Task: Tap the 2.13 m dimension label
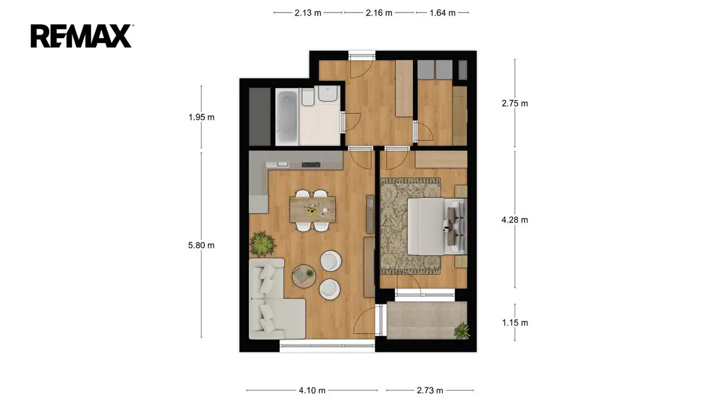pos(308,13)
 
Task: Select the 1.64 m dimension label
pos(442,13)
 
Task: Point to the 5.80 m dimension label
pos(201,245)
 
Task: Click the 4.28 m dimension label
pos(514,220)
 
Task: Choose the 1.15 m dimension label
pos(514,323)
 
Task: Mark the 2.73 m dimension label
pos(430,390)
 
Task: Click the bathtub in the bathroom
pos(288,118)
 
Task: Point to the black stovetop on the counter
pos(311,164)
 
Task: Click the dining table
pos(313,210)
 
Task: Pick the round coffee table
pos(304,276)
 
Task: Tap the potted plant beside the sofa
pos(263,244)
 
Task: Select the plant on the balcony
pos(462,331)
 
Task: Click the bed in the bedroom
pos(437,226)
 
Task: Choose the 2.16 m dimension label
pos(379,13)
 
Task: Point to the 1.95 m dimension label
pos(202,117)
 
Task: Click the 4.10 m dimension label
pos(312,390)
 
